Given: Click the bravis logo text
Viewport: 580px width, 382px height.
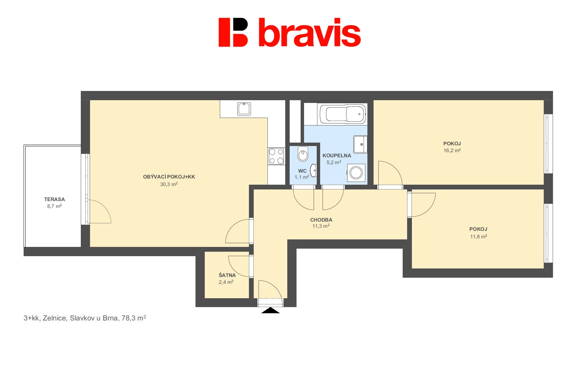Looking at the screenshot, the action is pyautogui.click(x=310, y=32).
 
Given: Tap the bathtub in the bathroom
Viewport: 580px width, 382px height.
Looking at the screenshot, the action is pyautogui.click(x=342, y=114).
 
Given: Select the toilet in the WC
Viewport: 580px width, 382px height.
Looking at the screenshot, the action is pyautogui.click(x=303, y=153).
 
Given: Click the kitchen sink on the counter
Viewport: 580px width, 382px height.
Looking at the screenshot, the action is pyautogui.click(x=244, y=109).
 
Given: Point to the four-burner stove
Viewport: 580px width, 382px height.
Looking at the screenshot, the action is pyautogui.click(x=276, y=156).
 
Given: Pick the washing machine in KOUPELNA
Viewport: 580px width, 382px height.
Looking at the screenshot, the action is pyautogui.click(x=356, y=173).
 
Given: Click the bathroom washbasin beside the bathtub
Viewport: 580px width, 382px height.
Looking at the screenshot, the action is pyautogui.click(x=361, y=144).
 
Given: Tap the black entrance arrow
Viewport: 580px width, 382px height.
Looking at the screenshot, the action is pyautogui.click(x=270, y=311).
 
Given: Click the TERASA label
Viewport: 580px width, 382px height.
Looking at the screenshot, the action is pyautogui.click(x=54, y=199).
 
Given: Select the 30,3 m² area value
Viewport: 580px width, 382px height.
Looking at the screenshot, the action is pyautogui.click(x=169, y=184).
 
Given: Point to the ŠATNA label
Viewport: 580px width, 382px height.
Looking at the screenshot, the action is pyautogui.click(x=227, y=275).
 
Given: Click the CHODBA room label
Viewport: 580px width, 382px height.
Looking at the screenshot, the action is pyautogui.click(x=321, y=220).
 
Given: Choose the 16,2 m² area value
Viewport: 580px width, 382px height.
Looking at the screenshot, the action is pyautogui.click(x=452, y=150).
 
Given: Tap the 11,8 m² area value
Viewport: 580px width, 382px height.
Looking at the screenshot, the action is pyautogui.click(x=479, y=236).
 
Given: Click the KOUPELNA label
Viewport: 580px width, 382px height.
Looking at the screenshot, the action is pyautogui.click(x=337, y=156).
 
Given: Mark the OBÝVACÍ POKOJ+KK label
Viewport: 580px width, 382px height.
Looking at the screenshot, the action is pyautogui.click(x=169, y=177).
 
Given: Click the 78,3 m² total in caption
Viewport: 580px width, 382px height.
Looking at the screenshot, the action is pyautogui.click(x=134, y=318).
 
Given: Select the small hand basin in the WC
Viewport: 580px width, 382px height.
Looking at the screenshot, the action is pyautogui.click(x=314, y=170).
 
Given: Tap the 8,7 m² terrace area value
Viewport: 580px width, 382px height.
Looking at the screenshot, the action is pyautogui.click(x=54, y=206).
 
